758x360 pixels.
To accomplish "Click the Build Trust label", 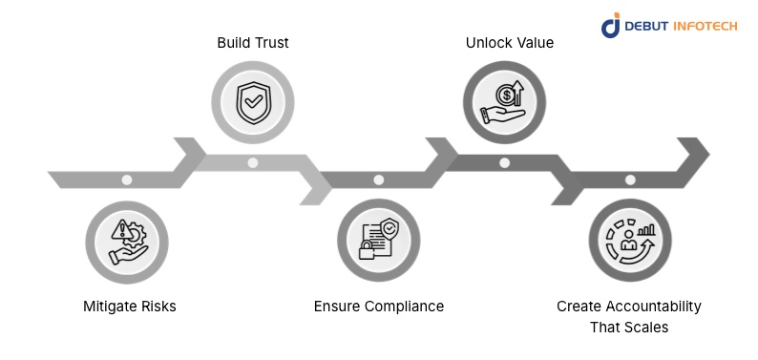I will (x=252, y=43).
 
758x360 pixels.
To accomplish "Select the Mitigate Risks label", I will (x=130, y=307).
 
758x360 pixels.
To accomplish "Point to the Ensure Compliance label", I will (x=379, y=307).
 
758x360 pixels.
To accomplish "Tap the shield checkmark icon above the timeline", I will (x=252, y=98).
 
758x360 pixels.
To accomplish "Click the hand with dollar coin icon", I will (x=504, y=100).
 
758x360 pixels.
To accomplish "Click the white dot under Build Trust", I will (x=252, y=162).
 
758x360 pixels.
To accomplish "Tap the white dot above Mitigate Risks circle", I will (x=127, y=180).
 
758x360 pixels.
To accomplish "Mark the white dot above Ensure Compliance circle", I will (x=379, y=180).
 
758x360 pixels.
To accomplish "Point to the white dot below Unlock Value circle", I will (x=504, y=162).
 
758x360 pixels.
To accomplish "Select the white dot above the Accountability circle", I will (x=630, y=180).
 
